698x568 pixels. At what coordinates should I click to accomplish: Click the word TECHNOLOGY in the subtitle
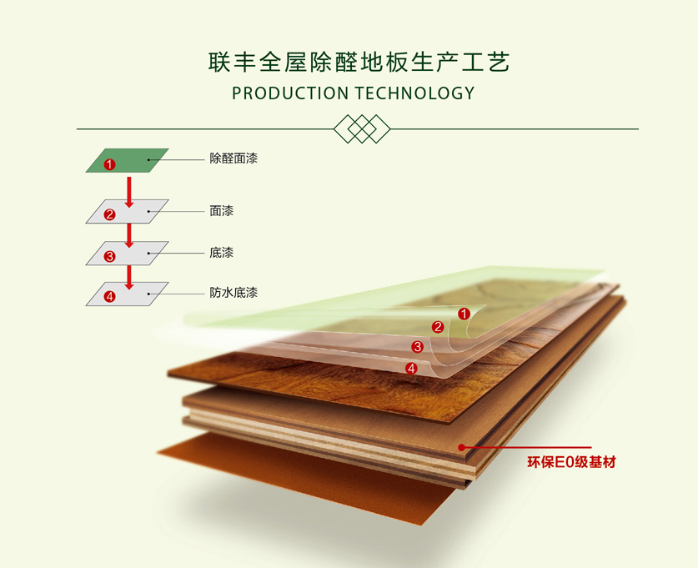click(x=414, y=93)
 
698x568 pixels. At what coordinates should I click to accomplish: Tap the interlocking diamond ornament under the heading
click(x=361, y=129)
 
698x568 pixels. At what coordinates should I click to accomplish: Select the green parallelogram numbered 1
click(x=128, y=160)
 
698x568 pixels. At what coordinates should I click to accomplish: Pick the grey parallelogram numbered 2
click(x=128, y=211)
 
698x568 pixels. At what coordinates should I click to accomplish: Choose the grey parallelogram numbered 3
click(x=128, y=253)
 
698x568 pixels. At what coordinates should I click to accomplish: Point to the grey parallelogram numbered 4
click(x=128, y=294)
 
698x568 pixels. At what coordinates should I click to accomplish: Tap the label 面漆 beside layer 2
click(x=221, y=211)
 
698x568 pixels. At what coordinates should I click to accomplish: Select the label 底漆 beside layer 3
click(x=221, y=252)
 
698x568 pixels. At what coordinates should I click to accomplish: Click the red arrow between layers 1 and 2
click(x=128, y=189)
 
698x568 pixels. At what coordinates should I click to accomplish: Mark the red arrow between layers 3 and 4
click(x=128, y=274)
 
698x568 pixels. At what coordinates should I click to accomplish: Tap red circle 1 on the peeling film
click(x=465, y=314)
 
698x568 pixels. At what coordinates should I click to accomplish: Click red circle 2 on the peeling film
click(x=438, y=327)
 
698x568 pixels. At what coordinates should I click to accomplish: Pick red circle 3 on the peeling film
click(x=418, y=346)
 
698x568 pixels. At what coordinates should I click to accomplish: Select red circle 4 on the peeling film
click(x=410, y=368)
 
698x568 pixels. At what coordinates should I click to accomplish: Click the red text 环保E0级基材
click(x=571, y=461)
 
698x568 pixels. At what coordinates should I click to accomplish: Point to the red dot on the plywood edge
click(x=460, y=448)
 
